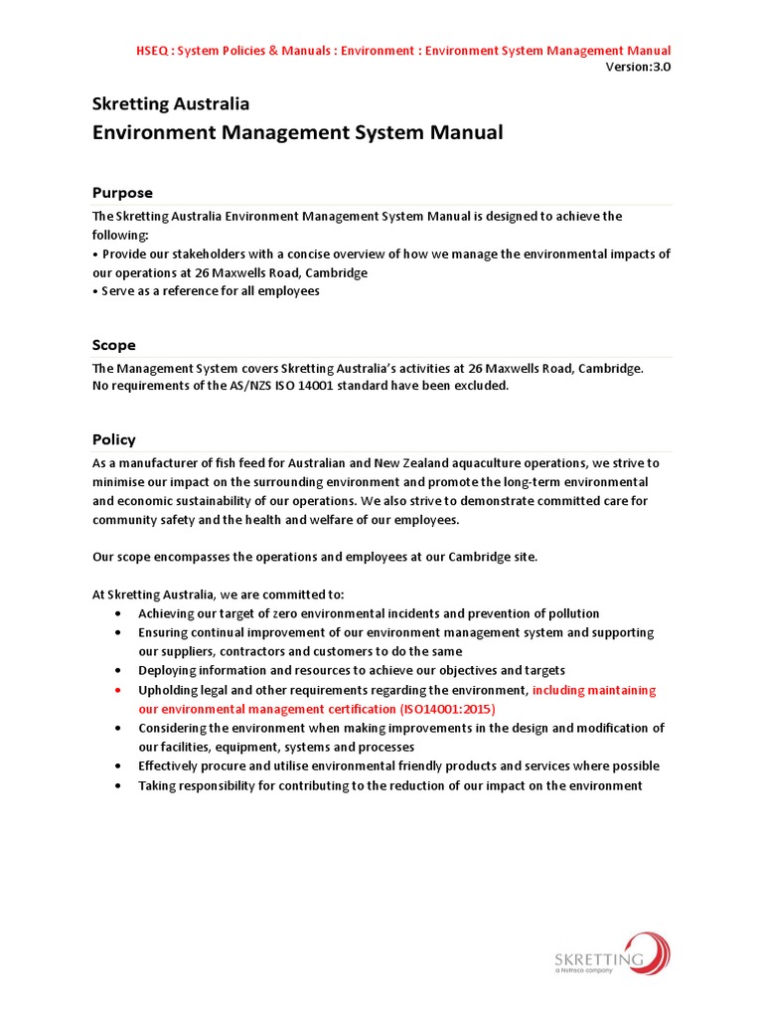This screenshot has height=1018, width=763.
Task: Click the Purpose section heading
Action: tap(122, 193)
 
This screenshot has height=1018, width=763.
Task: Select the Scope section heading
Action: tap(114, 345)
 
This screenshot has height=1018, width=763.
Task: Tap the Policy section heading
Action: tap(114, 439)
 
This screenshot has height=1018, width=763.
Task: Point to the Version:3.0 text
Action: tap(638, 67)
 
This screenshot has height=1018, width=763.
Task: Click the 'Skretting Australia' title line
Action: tap(171, 103)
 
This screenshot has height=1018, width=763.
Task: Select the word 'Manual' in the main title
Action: tap(464, 132)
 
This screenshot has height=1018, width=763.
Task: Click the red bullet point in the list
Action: tap(118, 690)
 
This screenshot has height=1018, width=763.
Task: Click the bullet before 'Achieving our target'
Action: tap(118, 614)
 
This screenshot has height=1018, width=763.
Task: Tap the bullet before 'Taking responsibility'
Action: tap(118, 785)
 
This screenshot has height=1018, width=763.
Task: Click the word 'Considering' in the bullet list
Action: tap(172, 728)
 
